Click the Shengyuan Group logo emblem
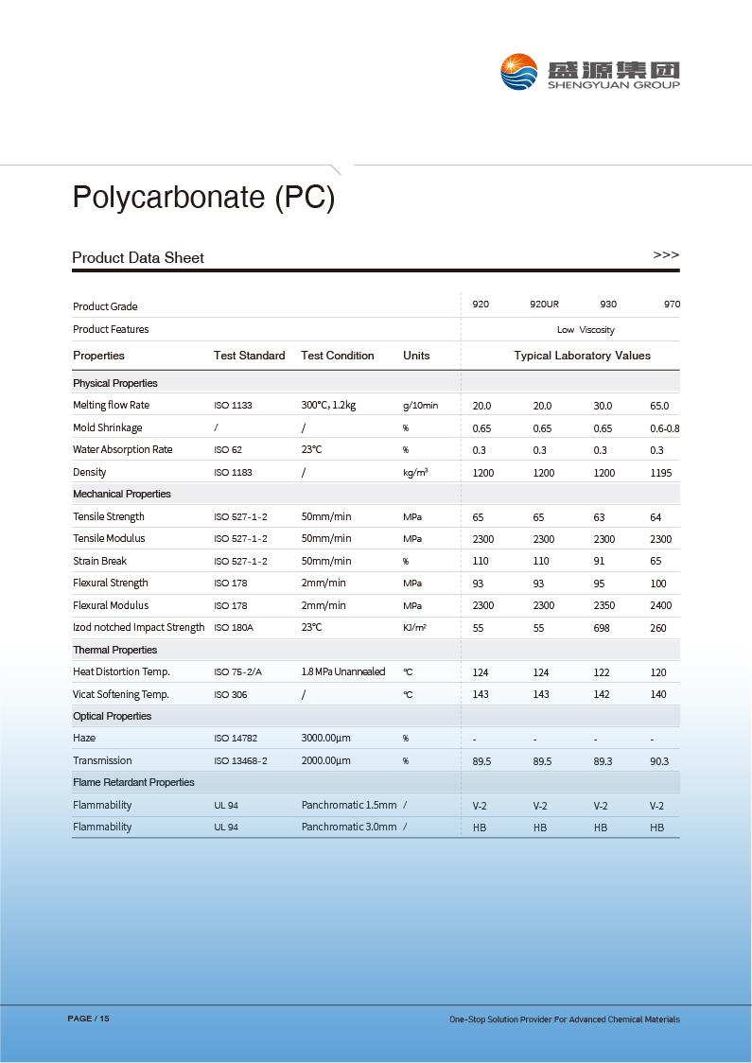[x=518, y=72]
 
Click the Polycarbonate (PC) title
[x=203, y=197]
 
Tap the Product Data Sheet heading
[x=138, y=258]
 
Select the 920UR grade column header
[x=544, y=305]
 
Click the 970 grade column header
[x=672, y=305]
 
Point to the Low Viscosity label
[x=586, y=330]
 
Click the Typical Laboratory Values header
[x=582, y=356]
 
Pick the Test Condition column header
[x=337, y=356]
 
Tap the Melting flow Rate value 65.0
[x=659, y=406]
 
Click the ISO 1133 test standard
[x=233, y=406]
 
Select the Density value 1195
[x=661, y=473]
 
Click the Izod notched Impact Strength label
[x=138, y=628]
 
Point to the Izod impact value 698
[x=602, y=628]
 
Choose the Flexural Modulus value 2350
[x=603, y=606]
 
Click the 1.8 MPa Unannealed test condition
[x=343, y=672]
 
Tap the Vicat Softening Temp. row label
[x=121, y=694]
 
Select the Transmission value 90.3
[x=659, y=761]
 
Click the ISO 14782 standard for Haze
[x=236, y=739]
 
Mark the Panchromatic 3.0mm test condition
[x=349, y=828]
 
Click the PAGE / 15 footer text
[x=89, y=1019]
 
